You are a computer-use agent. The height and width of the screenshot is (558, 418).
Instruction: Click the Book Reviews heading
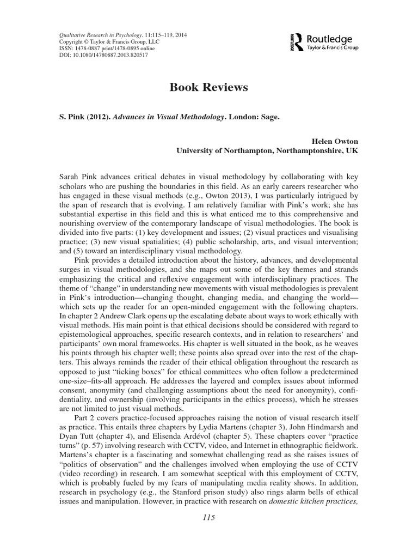click(x=209, y=87)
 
